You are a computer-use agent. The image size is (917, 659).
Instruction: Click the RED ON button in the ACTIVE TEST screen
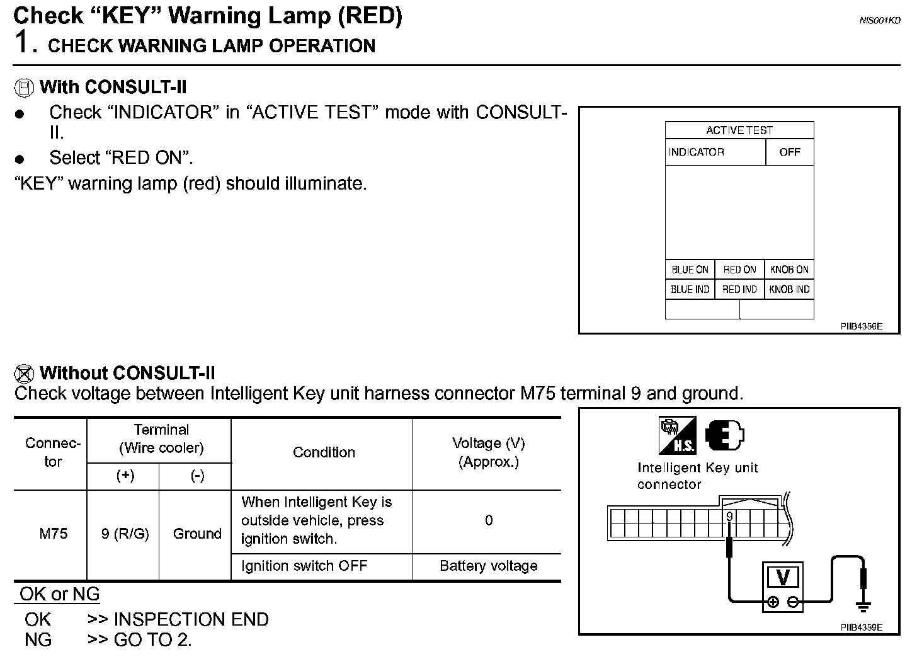(x=739, y=270)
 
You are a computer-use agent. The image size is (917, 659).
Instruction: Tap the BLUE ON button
(x=690, y=270)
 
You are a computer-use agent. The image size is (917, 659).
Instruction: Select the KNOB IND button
(x=789, y=290)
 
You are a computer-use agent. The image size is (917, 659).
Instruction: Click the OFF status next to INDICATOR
(x=789, y=152)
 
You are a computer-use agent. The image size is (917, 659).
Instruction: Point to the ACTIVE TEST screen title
(x=739, y=130)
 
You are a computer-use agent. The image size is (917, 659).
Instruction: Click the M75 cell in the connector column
(x=54, y=534)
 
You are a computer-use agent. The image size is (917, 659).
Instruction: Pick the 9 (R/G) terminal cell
(x=125, y=534)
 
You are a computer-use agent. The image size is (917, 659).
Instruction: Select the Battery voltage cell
(x=488, y=566)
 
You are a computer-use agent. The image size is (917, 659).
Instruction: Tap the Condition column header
(x=324, y=452)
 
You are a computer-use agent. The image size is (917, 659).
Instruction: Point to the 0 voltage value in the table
(x=489, y=520)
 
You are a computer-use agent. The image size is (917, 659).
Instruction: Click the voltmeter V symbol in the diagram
(x=783, y=577)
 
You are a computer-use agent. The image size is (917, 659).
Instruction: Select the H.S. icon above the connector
(x=677, y=435)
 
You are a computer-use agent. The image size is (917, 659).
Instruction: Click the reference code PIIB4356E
(x=861, y=326)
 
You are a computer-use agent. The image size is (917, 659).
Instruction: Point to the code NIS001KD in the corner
(x=880, y=21)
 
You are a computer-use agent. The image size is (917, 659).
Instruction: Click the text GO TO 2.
(x=152, y=640)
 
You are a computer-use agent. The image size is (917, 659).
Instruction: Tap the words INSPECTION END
(x=191, y=620)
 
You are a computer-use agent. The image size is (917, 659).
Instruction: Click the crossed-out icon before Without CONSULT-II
(x=23, y=374)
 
